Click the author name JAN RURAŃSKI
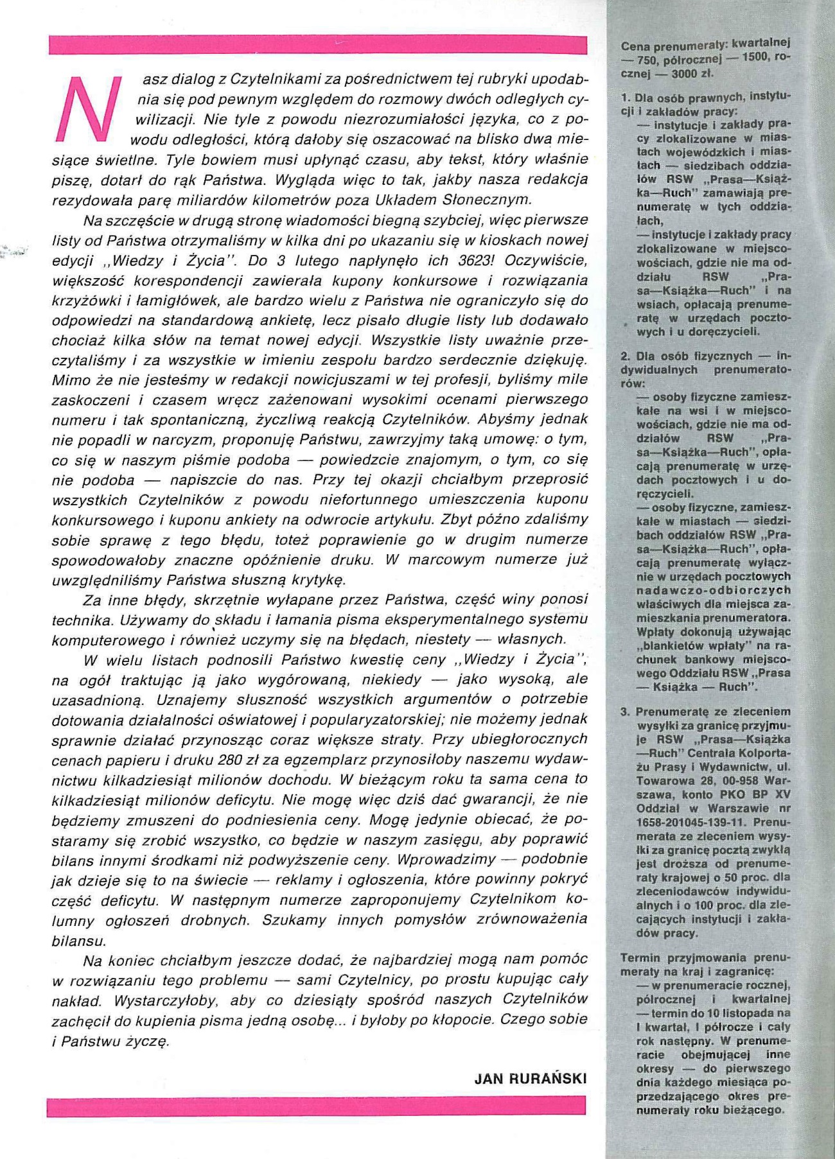coord(531,1078)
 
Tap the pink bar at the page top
coord(317,45)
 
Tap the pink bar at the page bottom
coord(316,1106)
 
